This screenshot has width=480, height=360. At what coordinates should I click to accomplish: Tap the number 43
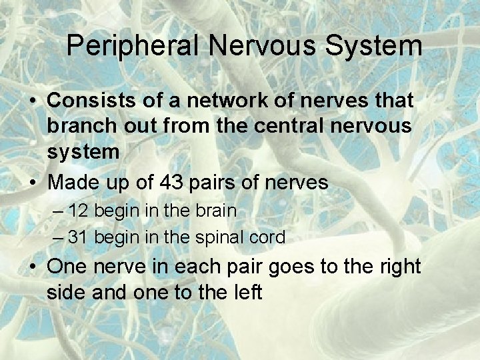pyautogui.click(x=174, y=182)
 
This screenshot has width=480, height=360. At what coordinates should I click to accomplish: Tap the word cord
pyautogui.click(x=269, y=237)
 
